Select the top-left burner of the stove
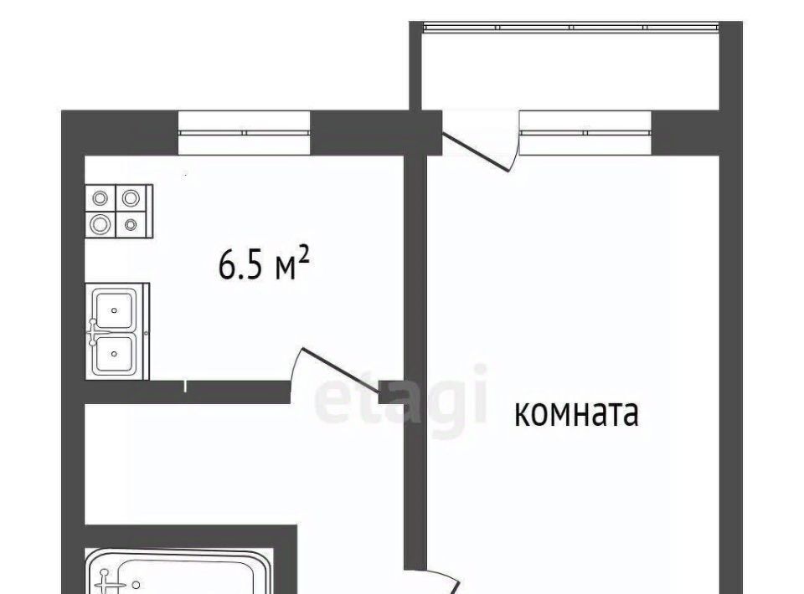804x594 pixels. coord(100,197)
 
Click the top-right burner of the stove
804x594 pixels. coord(131,197)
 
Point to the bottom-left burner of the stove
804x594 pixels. coord(100,223)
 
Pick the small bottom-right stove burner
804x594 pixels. coord(131,223)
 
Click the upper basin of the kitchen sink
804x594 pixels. coord(115,310)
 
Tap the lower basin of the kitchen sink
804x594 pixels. coord(115,354)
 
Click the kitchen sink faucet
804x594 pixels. coord(93,332)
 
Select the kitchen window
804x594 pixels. coord(244,133)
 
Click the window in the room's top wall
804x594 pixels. coord(585,133)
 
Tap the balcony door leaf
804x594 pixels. coord(476,152)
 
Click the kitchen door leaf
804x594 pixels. coord(342,371)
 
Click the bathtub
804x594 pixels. coord(178,571)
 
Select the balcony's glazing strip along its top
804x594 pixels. coord(571,27)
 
